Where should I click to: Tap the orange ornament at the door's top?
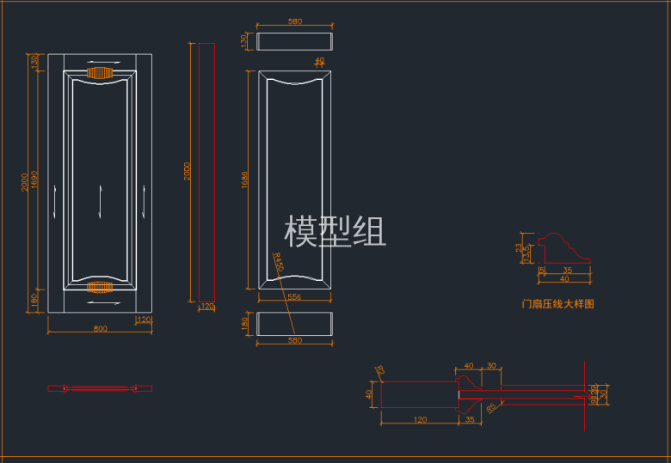pos(101,73)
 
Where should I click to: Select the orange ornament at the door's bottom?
pos(101,287)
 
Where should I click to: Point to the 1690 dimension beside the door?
pos(35,180)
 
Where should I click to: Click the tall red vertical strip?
pos(206,176)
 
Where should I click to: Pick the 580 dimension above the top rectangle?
pos(295,21)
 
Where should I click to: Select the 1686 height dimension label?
pos(246,180)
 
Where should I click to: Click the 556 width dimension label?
pos(294,296)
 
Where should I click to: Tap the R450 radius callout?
pos(278,262)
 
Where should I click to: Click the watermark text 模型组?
pos(335,232)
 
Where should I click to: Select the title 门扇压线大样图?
pos(558,304)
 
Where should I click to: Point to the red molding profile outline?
pos(563,249)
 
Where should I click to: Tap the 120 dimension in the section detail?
pos(420,420)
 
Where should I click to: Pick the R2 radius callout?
pos(379,371)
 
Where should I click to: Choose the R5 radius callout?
pos(490,407)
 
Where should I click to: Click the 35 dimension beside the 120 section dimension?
pos(470,420)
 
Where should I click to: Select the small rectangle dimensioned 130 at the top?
pos(294,41)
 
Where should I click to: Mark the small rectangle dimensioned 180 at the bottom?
pos(294,324)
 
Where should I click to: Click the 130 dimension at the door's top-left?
pos(35,63)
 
